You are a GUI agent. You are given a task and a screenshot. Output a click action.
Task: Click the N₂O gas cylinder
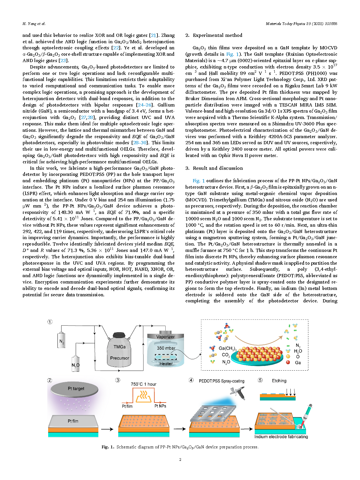tap(75, 363)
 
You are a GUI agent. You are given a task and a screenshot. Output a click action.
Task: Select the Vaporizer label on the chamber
tap(165, 337)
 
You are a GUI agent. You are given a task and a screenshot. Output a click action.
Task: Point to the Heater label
tap(166, 364)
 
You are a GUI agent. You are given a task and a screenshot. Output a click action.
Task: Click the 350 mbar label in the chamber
tap(166, 348)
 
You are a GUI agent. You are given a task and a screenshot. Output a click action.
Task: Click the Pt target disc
tap(76, 389)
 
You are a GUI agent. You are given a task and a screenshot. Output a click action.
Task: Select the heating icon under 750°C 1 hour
tap(144, 396)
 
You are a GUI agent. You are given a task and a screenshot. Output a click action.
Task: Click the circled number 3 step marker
tap(118, 380)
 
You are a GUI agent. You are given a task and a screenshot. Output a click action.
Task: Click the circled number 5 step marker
tap(260, 380)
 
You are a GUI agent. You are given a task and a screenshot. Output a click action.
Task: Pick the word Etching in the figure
tap(279, 381)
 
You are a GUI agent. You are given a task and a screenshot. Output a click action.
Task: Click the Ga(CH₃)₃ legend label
tap(227, 348)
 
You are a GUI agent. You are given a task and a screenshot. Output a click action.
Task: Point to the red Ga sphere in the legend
tap(288, 362)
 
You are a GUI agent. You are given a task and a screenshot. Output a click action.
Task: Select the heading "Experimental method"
tap(217, 35)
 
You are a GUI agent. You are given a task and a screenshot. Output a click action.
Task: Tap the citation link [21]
tap(153, 35)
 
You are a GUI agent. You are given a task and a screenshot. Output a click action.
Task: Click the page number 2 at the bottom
tap(180, 459)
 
